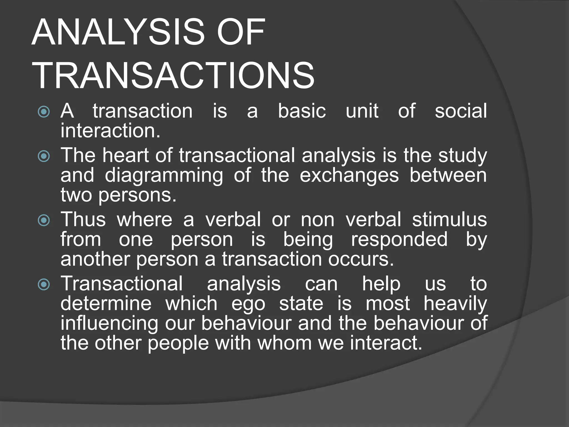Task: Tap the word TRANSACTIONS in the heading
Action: pos(173,76)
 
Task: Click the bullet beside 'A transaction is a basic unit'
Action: pos(44,112)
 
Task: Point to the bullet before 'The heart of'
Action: pos(44,156)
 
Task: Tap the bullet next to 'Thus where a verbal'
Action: pos(44,220)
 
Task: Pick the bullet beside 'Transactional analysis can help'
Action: pos(44,285)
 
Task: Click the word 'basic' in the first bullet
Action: pos(302,111)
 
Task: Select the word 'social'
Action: pos(461,111)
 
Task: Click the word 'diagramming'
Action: pos(164,176)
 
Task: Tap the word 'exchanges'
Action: pos(349,176)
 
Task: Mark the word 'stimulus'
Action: pos(449,220)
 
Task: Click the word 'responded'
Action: pos(399,240)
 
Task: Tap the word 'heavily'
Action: pos(455,304)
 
